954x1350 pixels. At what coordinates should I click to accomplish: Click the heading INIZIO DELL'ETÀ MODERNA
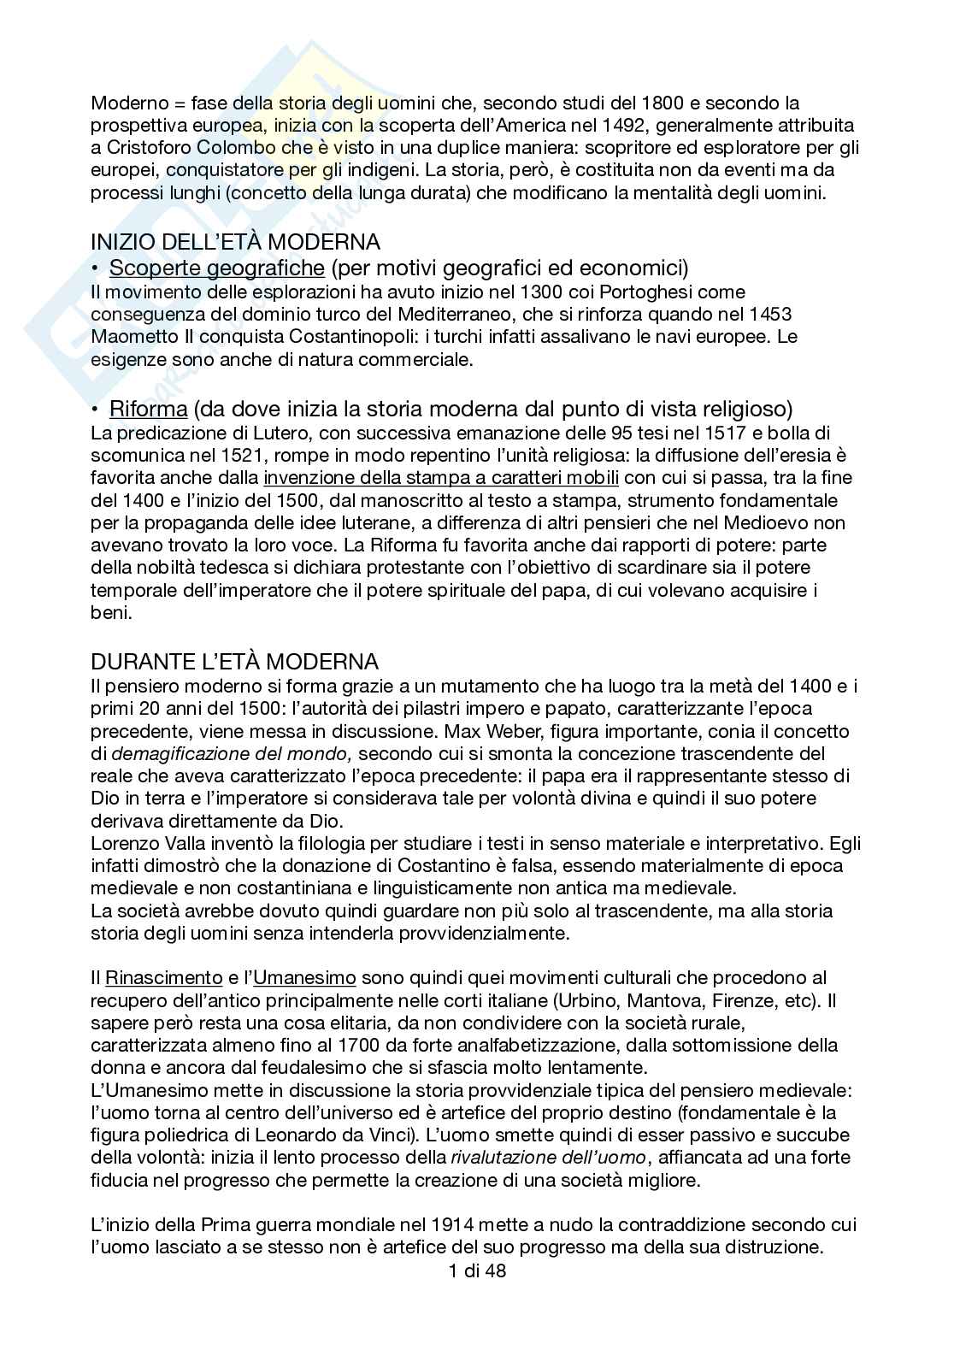pyautogui.click(x=235, y=242)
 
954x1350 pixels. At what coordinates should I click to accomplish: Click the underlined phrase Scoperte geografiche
pyautogui.click(x=217, y=268)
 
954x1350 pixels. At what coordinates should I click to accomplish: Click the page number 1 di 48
pyautogui.click(x=476, y=1271)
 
